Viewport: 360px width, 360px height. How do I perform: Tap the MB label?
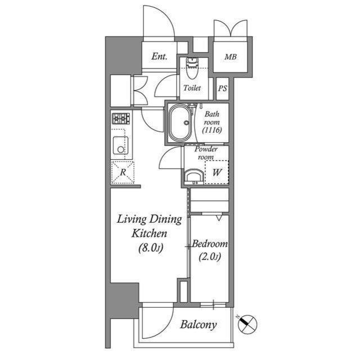230,57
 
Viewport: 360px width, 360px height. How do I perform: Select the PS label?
223,88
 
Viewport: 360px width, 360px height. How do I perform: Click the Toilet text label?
192,88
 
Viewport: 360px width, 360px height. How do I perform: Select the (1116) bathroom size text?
212,130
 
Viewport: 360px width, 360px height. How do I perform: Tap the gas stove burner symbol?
120,119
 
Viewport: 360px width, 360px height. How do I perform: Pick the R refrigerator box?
123,172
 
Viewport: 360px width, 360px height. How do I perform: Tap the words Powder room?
206,153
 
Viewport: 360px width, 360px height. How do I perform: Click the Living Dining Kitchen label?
149,226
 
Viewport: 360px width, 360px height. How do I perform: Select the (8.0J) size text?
149,248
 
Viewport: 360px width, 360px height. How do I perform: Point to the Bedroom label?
209,244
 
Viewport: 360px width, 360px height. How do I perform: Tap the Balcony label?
198,325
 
